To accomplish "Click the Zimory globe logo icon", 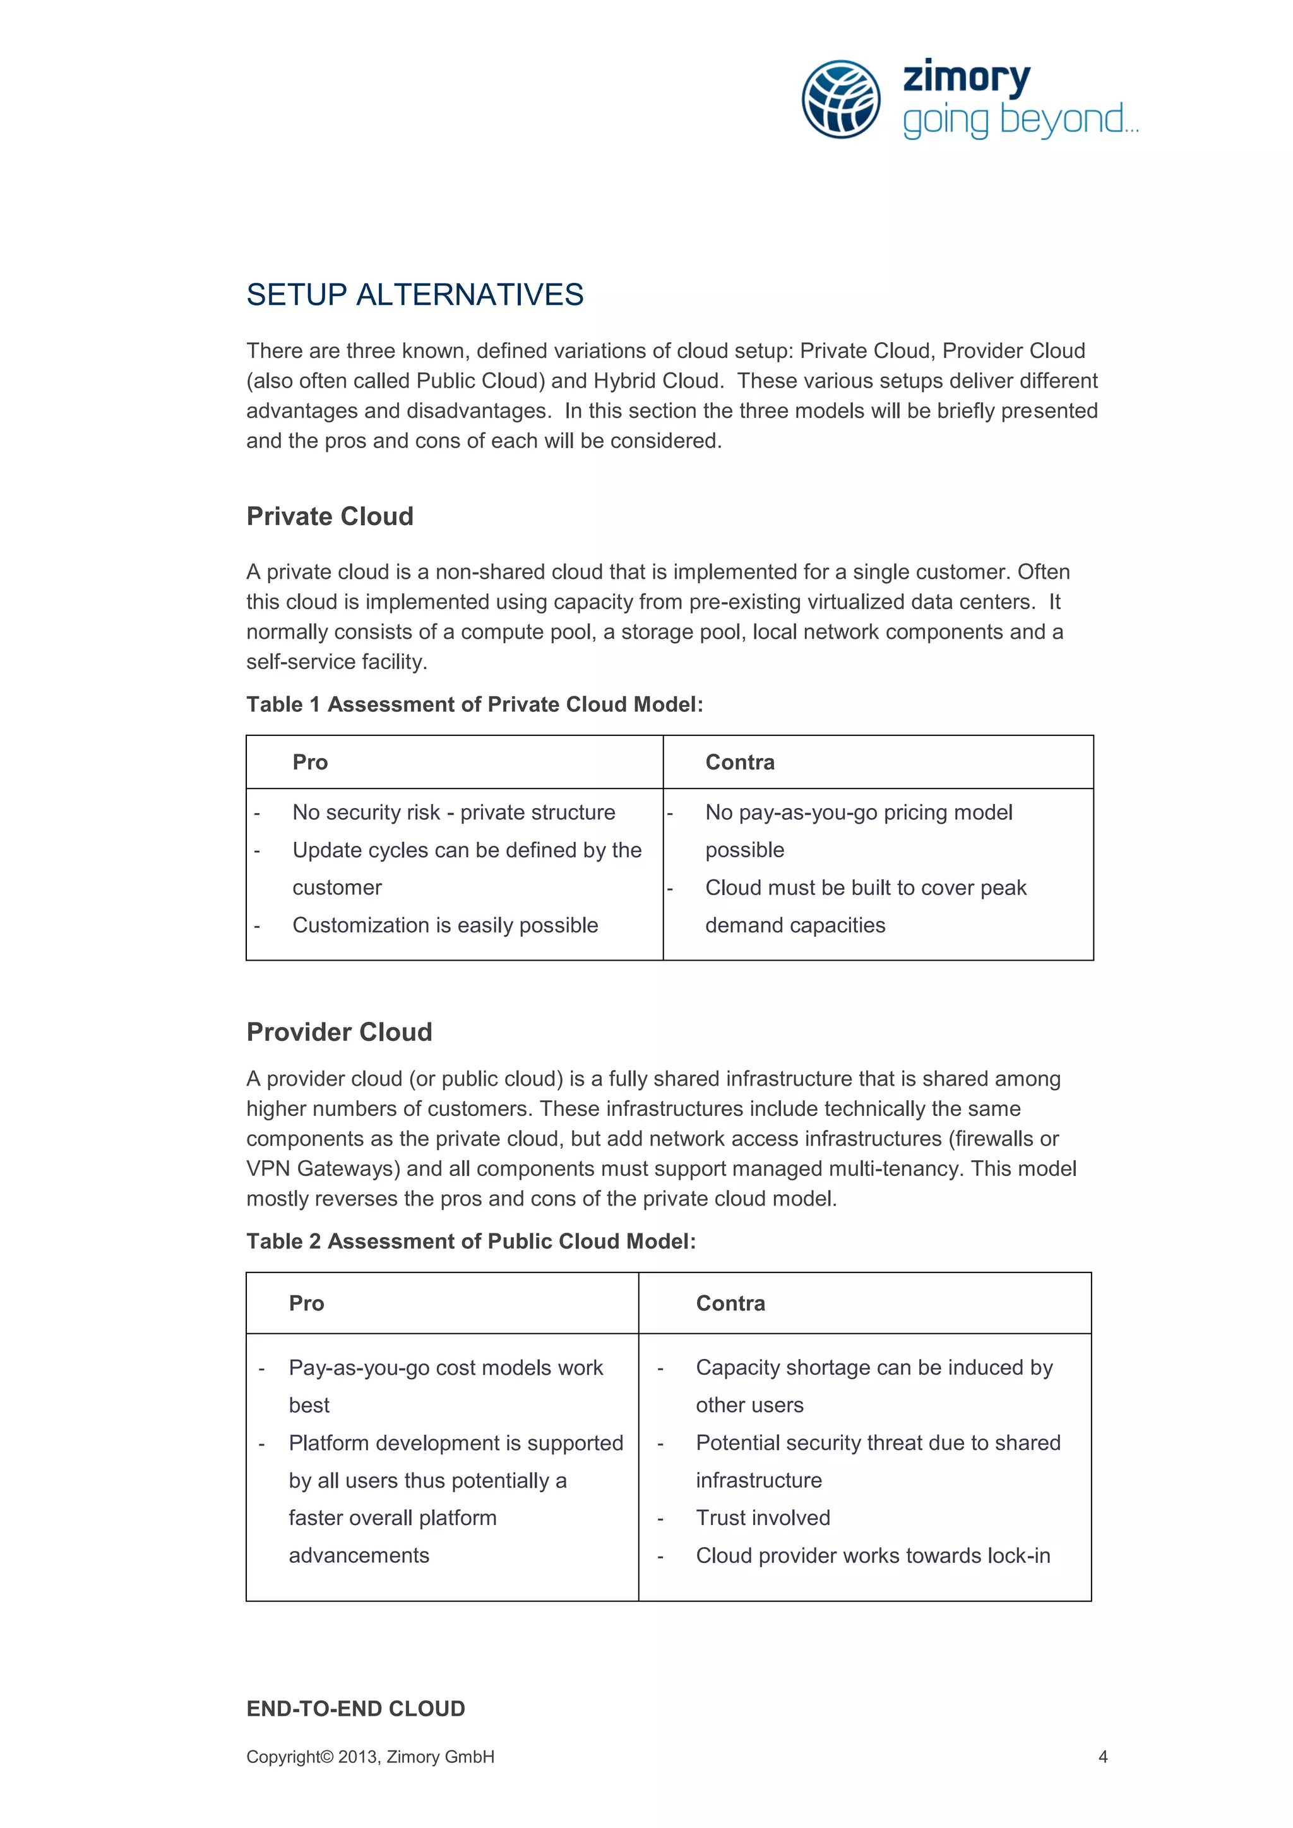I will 841,98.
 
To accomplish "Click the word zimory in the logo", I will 966,78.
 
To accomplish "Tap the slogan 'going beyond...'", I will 1020,119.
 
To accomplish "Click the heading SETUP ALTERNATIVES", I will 415,295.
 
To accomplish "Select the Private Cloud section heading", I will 330,516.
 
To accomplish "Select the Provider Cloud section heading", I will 339,1032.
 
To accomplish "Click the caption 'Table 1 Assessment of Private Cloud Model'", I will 475,704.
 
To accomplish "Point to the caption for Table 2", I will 470,1241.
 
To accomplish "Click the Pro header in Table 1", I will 310,763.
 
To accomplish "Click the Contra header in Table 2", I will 730,1303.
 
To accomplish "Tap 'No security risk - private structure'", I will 454,812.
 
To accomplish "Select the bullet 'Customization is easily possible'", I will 445,925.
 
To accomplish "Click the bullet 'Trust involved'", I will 763,1517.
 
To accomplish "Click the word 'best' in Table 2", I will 309,1405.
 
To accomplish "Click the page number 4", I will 1103,1756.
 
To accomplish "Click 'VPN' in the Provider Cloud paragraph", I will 268,1169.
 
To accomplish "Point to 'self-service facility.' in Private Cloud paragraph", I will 337,662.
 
